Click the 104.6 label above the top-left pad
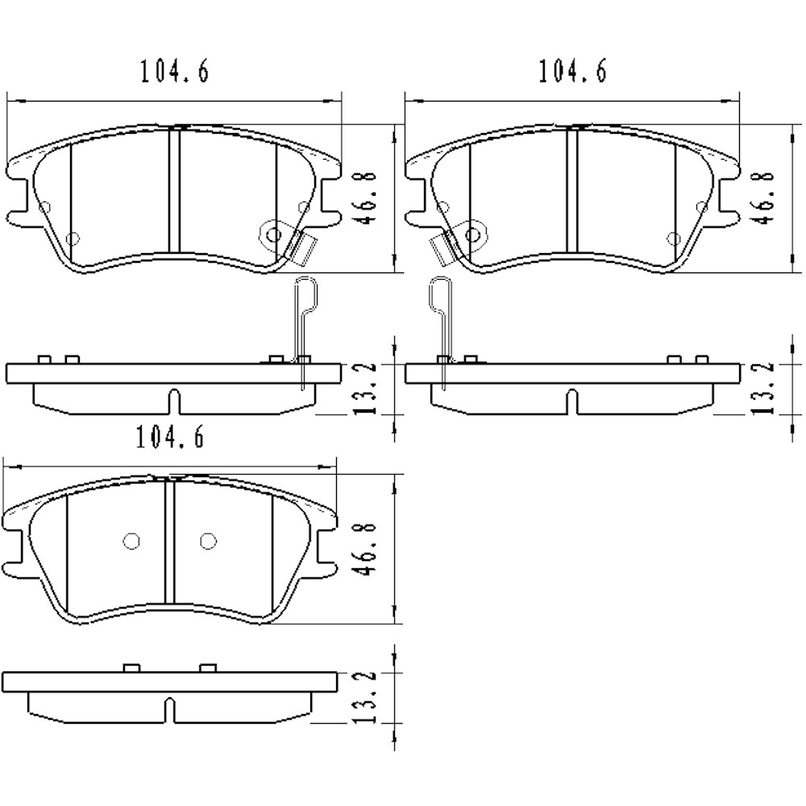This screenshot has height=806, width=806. click(x=174, y=72)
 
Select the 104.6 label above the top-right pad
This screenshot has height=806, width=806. click(x=572, y=72)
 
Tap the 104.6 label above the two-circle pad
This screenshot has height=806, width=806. click(x=170, y=437)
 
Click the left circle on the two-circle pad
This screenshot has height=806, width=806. click(x=132, y=541)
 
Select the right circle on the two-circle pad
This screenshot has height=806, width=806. click(x=208, y=541)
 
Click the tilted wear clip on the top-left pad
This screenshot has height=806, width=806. click(x=303, y=247)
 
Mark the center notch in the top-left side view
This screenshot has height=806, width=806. click(x=173, y=401)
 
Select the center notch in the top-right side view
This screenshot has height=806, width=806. click(x=572, y=401)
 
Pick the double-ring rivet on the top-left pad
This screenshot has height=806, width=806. click(x=273, y=235)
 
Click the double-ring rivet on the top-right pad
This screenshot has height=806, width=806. click(x=472, y=235)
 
